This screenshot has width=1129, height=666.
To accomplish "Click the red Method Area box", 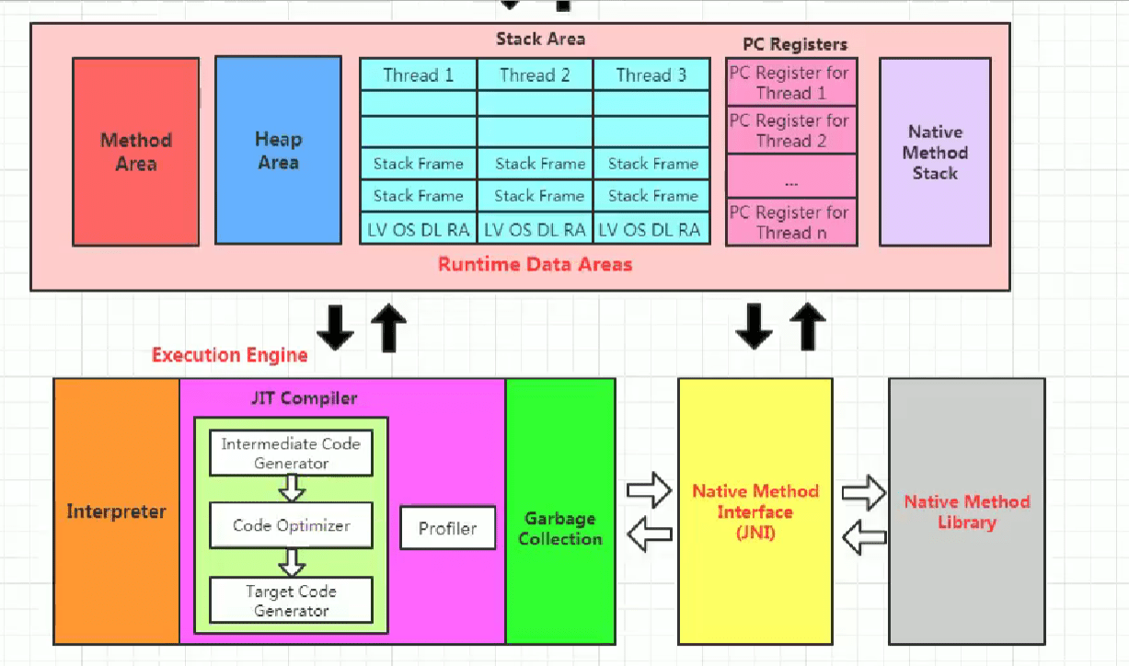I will [136, 152].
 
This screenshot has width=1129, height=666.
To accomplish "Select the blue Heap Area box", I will [278, 151].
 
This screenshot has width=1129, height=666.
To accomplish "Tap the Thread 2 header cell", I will [535, 75].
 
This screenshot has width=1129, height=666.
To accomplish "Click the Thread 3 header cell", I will [651, 75].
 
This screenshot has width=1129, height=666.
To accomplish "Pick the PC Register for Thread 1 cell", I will [790, 83].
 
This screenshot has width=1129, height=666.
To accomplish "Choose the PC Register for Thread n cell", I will [790, 223].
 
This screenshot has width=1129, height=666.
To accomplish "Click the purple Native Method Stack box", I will [935, 152].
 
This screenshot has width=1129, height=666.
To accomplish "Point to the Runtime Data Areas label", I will [535, 265].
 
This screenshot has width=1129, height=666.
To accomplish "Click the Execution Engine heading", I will [229, 355].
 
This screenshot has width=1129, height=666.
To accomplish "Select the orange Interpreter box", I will [116, 511].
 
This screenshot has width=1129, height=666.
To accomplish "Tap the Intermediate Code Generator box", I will [291, 454].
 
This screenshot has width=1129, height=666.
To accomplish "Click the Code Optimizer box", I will [291, 525].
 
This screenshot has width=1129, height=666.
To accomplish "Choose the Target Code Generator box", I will [291, 601].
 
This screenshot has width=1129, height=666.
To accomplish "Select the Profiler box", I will [448, 528].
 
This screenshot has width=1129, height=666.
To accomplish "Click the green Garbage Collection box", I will [559, 529].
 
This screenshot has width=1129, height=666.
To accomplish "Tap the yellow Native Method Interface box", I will [755, 511].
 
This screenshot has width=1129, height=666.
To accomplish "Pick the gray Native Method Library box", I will [966, 511].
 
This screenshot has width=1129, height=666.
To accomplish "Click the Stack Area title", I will [540, 39].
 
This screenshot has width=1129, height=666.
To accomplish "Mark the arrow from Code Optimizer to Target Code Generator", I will [292, 561].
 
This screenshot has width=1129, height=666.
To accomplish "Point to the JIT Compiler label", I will [304, 398].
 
